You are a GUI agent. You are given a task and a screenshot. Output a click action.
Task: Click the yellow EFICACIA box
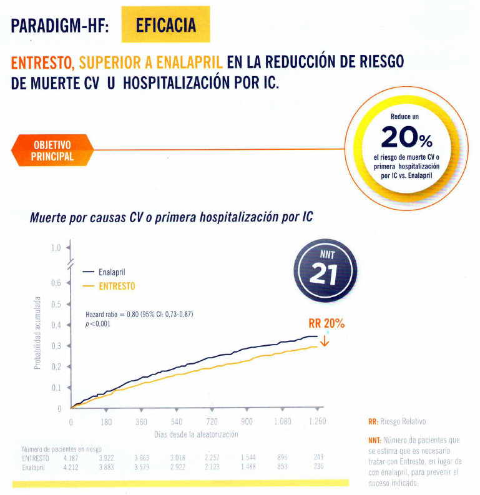pos(165,26)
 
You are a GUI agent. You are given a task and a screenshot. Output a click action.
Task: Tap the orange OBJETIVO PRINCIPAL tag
pos(52,150)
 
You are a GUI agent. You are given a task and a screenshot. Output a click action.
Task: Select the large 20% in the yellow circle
pos(406,137)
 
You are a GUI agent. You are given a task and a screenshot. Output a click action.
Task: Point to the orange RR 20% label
pos(326,324)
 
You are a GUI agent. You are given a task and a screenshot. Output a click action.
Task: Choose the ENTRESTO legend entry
pos(117,286)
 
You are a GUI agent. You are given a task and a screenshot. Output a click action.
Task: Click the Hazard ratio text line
pos(139,314)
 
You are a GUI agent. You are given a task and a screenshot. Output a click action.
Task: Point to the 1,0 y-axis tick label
pos(56,248)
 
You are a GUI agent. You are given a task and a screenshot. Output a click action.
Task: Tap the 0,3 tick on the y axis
pos(56,346)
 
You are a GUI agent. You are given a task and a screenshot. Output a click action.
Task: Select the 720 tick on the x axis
pos(212,422)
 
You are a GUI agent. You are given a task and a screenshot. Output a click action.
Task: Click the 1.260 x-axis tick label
pos(318,422)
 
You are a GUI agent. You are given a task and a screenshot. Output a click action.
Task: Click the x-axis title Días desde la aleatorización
pos(195,434)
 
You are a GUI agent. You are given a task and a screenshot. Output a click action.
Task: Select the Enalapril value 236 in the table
pos(318,466)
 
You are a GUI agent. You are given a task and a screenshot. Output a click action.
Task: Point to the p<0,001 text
pos(98,324)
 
